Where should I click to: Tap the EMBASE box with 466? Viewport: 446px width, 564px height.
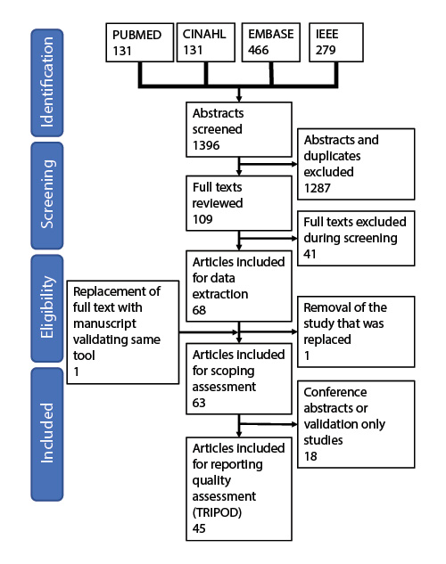tap(273, 42)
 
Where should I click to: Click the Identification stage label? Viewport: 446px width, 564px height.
tap(48, 79)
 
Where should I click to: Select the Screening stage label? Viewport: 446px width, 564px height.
tap(48, 194)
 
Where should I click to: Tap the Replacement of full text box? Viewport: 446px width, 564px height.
tap(121, 331)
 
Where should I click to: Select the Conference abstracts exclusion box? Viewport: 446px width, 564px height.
tap(356, 424)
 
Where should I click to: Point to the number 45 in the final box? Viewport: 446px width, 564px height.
tap(200, 529)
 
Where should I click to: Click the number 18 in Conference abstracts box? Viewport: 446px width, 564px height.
tap(311, 456)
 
